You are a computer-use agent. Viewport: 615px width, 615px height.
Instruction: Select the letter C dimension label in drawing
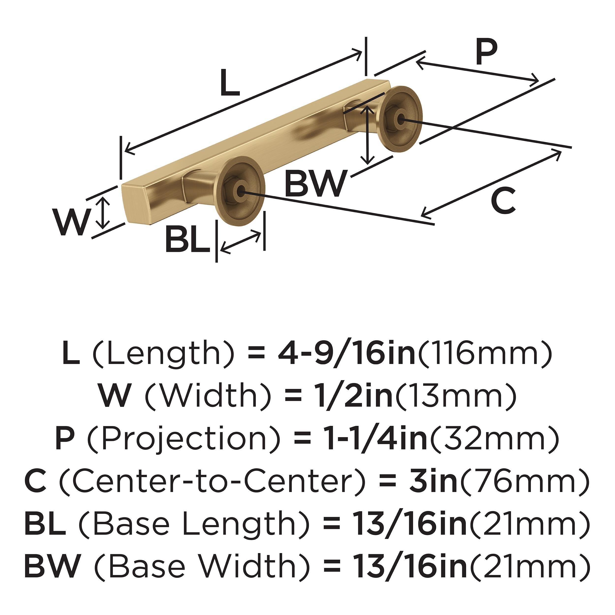503,200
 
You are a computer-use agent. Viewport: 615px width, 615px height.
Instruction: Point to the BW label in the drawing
315,184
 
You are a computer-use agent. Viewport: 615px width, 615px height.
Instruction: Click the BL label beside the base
188,240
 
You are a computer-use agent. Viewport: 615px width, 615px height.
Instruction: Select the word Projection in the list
184,439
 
